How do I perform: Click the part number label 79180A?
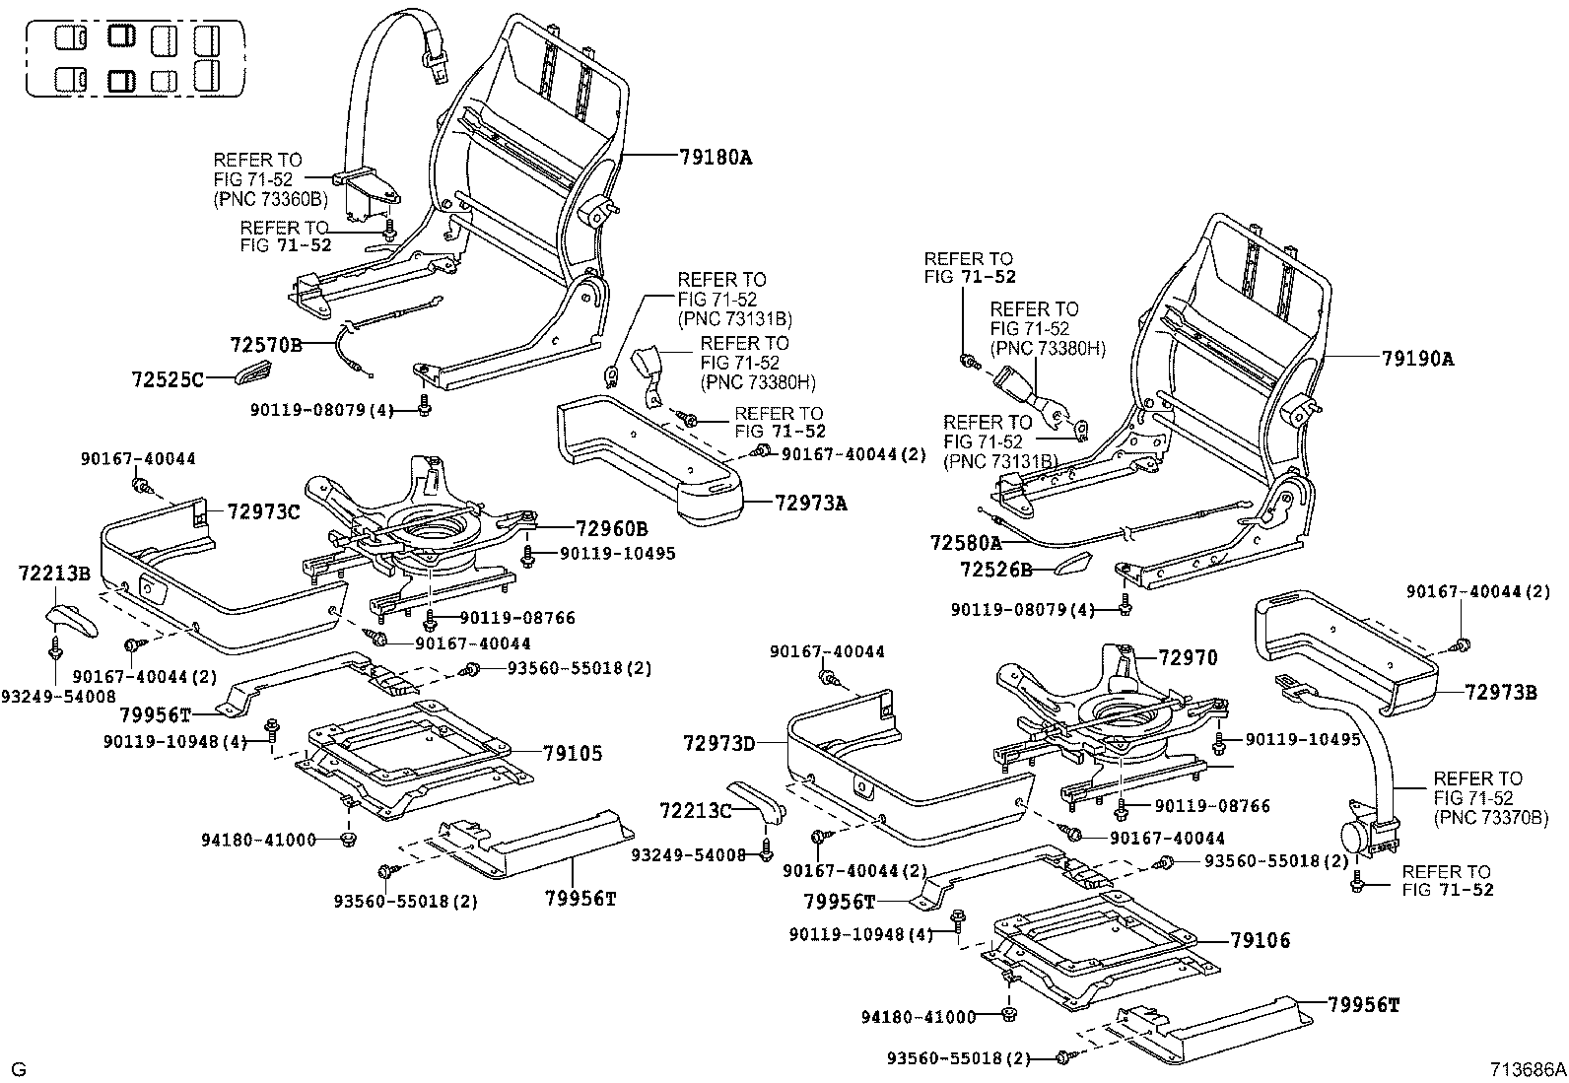[x=715, y=157]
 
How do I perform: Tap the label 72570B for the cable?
[x=266, y=345]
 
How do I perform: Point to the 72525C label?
[x=168, y=378]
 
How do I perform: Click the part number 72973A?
[x=811, y=504]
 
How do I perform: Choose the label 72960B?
[x=611, y=528]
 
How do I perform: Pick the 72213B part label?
[x=54, y=574]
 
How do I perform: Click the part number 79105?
[x=573, y=754]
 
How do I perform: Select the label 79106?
[x=1260, y=941]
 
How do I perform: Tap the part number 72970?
[x=1188, y=658]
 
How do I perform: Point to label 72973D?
[x=719, y=742]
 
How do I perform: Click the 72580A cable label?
[x=965, y=543]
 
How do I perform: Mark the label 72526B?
[x=995, y=571]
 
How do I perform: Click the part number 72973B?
[x=1500, y=693]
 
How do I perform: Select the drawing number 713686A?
[x=1528, y=1069]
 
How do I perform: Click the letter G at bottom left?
[x=18, y=1069]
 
